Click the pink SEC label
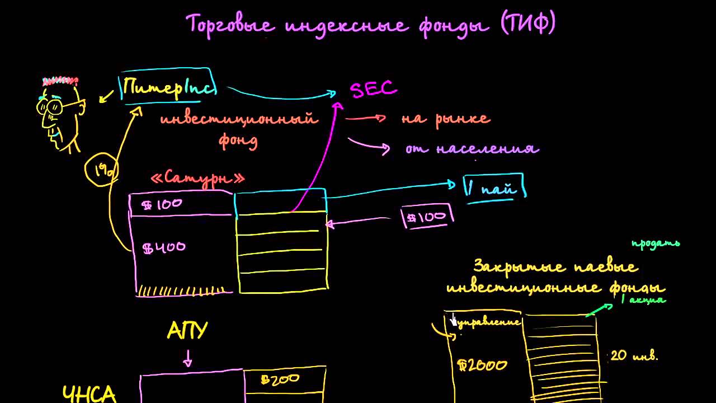tap(373, 90)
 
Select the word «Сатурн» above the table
tap(198, 179)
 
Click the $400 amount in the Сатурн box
tap(164, 247)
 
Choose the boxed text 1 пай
tap(495, 187)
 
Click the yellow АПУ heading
tap(187, 331)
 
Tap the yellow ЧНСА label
tap(89, 393)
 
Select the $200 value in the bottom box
tap(280, 379)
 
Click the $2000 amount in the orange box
tap(482, 365)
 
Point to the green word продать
tap(655, 243)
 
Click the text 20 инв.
tap(634, 355)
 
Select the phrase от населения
tap(472, 149)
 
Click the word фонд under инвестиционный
tap(238, 140)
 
